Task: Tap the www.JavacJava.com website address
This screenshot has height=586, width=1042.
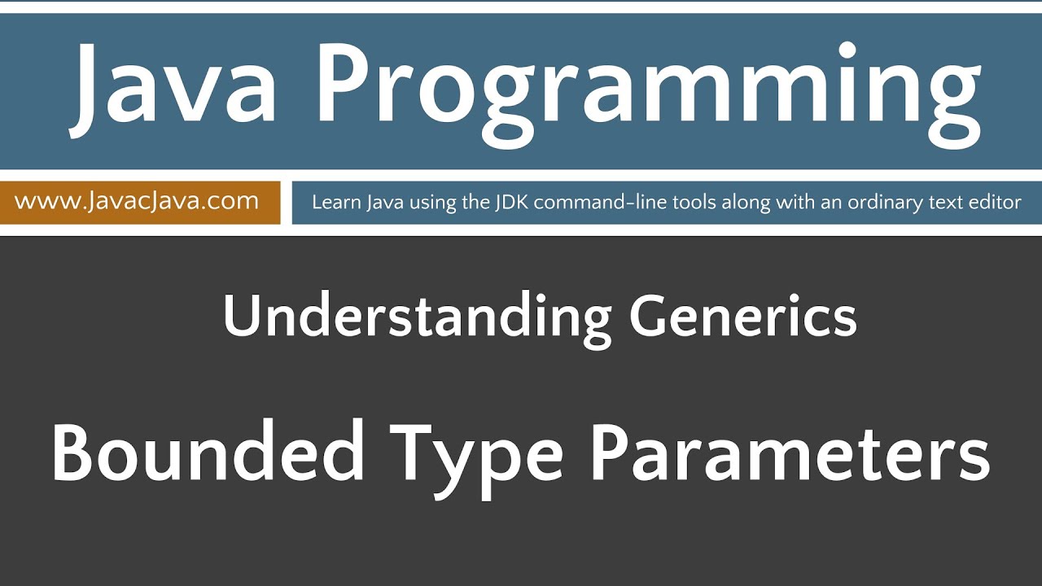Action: tap(137, 201)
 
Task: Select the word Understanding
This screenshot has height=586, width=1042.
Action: tap(415, 318)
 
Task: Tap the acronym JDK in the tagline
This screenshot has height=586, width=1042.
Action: tap(510, 202)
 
